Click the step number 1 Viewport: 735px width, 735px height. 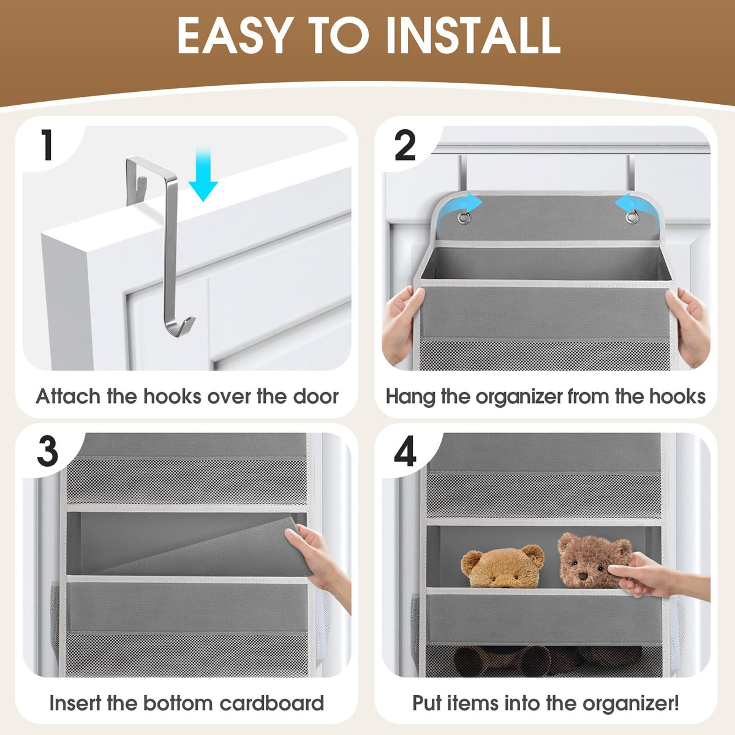[x=47, y=145]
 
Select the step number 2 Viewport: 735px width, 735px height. [x=405, y=145]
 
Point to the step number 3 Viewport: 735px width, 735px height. [x=48, y=451]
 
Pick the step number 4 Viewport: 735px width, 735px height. [x=405, y=451]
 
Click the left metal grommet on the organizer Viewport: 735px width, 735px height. [x=464, y=219]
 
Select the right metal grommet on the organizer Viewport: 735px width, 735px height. [x=631, y=219]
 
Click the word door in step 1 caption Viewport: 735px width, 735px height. [x=315, y=396]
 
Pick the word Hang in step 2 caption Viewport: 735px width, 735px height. [x=410, y=397]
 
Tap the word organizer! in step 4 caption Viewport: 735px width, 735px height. [x=630, y=703]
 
